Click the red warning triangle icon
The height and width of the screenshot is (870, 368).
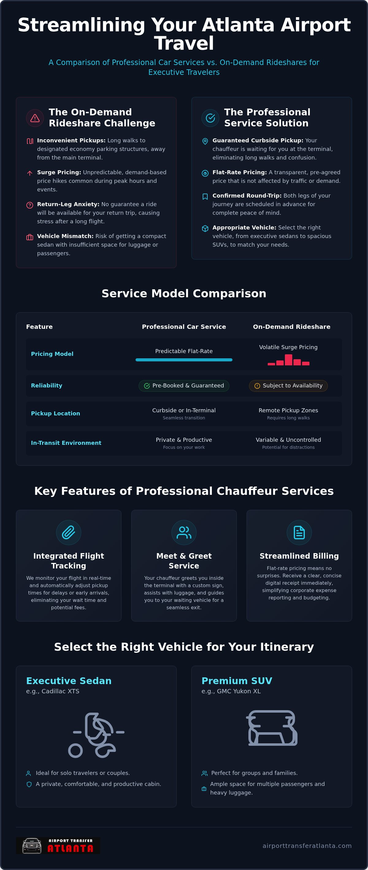coord(35,118)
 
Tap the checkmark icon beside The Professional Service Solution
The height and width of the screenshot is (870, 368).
coord(210,118)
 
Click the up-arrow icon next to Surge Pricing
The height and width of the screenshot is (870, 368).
coord(30,173)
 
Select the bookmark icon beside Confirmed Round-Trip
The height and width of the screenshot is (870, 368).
coord(205,197)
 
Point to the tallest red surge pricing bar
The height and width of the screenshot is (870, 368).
coord(288,360)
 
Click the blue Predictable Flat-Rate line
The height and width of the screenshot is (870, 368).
coord(184,360)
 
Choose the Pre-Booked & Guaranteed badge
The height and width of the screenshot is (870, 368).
coord(184,386)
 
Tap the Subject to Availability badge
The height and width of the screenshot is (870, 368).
coord(288,386)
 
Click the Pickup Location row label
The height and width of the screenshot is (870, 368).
coord(56,414)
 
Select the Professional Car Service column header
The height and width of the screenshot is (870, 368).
coord(184,327)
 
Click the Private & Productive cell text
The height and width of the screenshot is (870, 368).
coord(184,440)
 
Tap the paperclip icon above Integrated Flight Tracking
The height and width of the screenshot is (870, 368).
coord(68,532)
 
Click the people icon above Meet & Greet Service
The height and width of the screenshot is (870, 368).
coord(184,532)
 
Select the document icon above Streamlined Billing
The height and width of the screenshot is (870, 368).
coord(299,532)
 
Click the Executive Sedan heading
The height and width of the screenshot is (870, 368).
coord(69,680)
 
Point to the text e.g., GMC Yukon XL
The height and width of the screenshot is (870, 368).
coord(231,691)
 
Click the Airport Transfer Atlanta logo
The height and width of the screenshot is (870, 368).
coord(58,846)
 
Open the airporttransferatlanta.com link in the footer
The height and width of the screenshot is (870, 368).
coord(307,846)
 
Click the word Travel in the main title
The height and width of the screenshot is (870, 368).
coord(184,43)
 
